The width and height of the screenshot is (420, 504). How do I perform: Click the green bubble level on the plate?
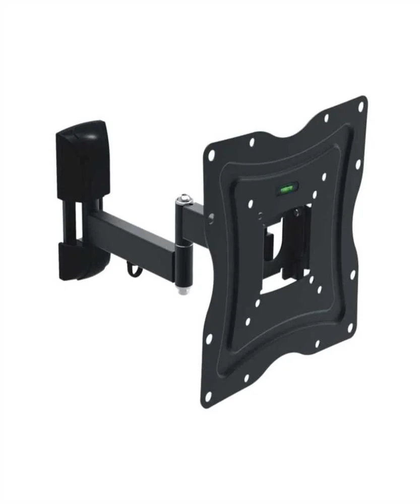point(286,190)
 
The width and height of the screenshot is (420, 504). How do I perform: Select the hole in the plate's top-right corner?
point(361,106)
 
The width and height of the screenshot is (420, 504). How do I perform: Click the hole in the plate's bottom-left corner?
point(207,397)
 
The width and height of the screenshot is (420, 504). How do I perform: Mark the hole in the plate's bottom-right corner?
point(350,327)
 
